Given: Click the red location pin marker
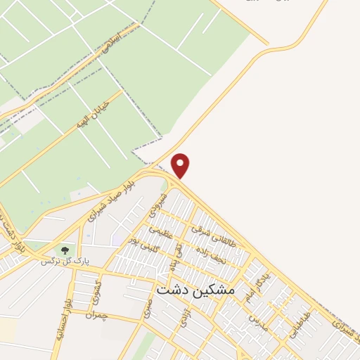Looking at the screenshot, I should pos(181,165).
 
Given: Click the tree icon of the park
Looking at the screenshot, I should pos(65,250).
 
